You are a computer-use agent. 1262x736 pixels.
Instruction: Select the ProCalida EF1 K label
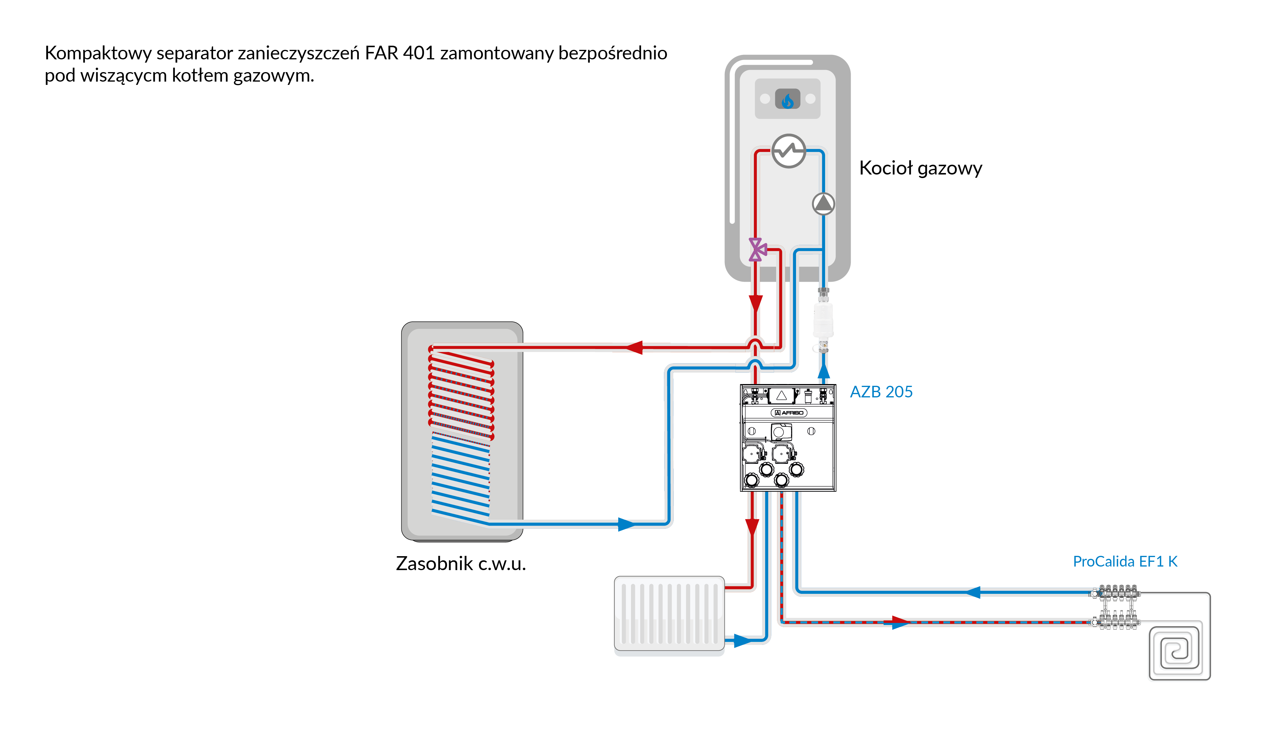[1125, 561]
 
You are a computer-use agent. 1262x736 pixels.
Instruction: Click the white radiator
[669, 613]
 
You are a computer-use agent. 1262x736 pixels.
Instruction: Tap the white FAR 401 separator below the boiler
[823, 319]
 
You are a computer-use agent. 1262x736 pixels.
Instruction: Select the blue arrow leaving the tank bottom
[626, 524]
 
